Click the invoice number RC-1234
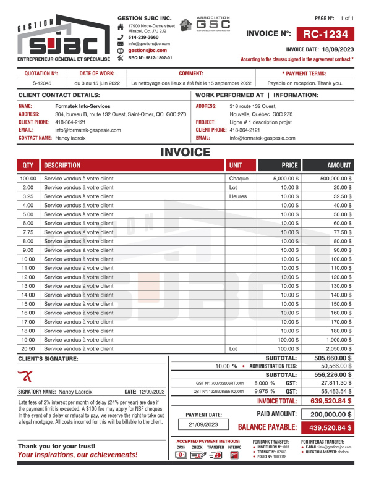(x=330, y=34)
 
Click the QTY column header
(x=28, y=166)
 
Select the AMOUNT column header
(x=339, y=166)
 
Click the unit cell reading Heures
(x=238, y=196)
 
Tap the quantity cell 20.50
(x=28, y=348)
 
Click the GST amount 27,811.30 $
(x=338, y=383)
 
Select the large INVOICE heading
(x=185, y=153)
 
